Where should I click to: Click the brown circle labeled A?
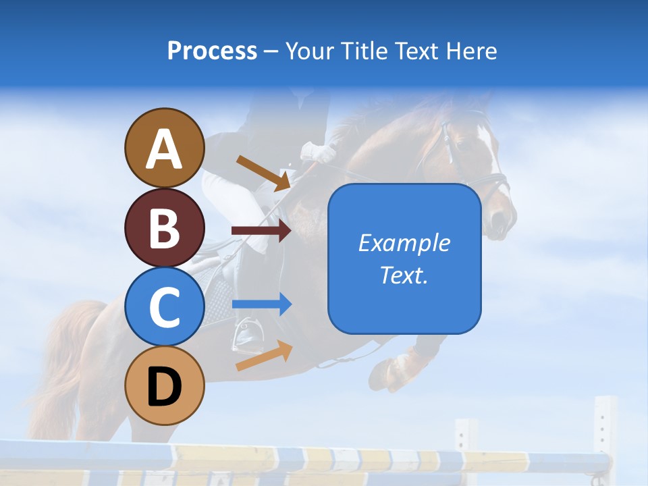click(x=164, y=148)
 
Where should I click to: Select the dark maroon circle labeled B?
click(x=164, y=227)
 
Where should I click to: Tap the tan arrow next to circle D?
click(x=264, y=356)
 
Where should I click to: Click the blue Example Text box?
click(x=404, y=259)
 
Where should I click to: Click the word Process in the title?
click(x=212, y=51)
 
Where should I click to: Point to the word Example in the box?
click(x=404, y=243)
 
